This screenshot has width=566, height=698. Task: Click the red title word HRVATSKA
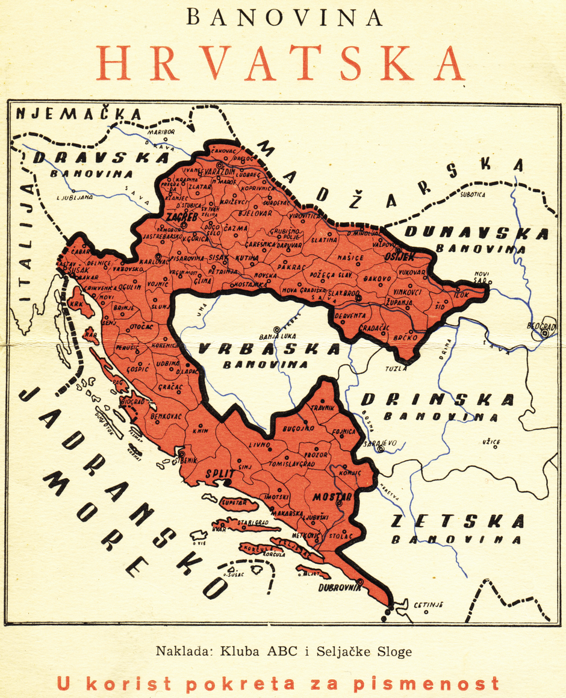pyautogui.click(x=281, y=63)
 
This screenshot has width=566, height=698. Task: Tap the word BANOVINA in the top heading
pyautogui.click(x=284, y=18)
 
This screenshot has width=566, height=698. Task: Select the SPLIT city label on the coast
pyautogui.click(x=219, y=473)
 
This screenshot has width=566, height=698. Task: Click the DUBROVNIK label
pyautogui.click(x=341, y=587)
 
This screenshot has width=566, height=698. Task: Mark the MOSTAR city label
pyautogui.click(x=332, y=497)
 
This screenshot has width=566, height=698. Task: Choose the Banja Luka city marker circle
pyautogui.click(x=277, y=329)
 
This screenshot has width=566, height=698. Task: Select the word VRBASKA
pyautogui.click(x=269, y=349)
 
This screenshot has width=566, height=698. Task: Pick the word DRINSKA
pyautogui.click(x=438, y=399)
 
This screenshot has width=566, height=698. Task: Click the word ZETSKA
pyautogui.click(x=457, y=522)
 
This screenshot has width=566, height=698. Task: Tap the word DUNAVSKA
pyautogui.click(x=476, y=233)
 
